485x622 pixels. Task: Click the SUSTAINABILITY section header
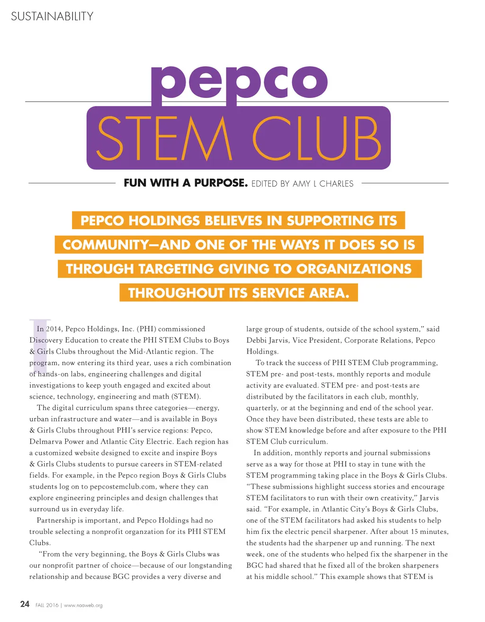[x=52, y=17]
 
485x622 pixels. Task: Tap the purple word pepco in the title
[x=239, y=82]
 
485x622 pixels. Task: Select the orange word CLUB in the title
[x=316, y=139]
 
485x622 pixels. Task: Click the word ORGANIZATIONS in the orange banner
[x=354, y=269]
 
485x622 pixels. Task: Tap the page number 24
[x=25, y=604]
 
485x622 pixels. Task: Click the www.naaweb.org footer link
[x=83, y=605]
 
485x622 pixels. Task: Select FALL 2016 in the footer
[x=47, y=605]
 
